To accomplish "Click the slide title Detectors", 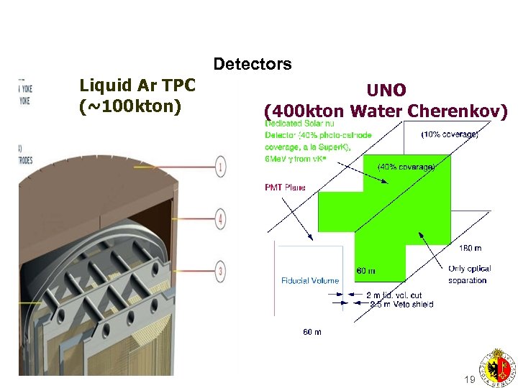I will pos(252,65).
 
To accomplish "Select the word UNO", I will pos(386,91).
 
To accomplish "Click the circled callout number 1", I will pos(221,167).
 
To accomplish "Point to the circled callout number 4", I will pos(221,219).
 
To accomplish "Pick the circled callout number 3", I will pos(221,271).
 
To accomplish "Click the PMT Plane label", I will pos(286,188).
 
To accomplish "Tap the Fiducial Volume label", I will pos(310,280).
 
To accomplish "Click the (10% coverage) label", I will pos(450,134).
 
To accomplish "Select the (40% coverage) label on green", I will pos(406,167).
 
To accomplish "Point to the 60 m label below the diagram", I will pos(312,332).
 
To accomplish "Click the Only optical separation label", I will pos(468,274).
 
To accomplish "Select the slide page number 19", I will pos(470,379).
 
